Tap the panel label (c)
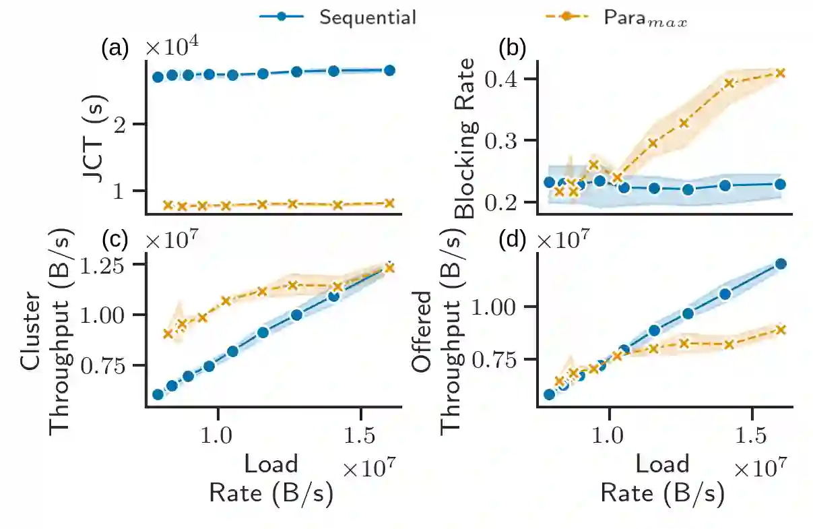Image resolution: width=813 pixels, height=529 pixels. (x=113, y=239)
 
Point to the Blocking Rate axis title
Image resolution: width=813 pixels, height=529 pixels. (x=465, y=138)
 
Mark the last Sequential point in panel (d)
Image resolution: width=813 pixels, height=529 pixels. (x=781, y=263)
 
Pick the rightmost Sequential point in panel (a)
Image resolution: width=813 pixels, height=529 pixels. (x=389, y=70)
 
